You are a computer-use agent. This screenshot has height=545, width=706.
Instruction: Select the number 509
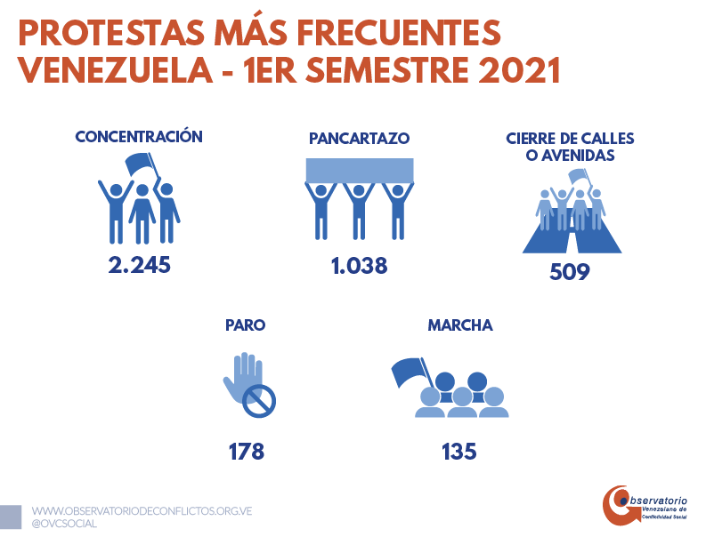pos(569,271)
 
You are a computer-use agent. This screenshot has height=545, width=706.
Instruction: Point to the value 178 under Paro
pos(246,451)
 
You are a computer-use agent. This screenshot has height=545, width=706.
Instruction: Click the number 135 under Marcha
pos(459,451)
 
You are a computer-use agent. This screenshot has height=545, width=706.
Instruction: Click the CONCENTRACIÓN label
pos(139,137)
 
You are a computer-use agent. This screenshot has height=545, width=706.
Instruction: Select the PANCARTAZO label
pos(359,139)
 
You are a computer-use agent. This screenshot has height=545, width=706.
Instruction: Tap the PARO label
pos(246,325)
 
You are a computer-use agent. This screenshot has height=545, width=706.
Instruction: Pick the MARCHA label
pos(460,325)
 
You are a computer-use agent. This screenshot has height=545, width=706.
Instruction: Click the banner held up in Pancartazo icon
pos(360,169)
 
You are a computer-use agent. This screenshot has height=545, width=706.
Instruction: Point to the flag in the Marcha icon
pos(408,370)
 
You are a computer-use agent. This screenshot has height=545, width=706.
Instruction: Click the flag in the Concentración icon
pos(139,164)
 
